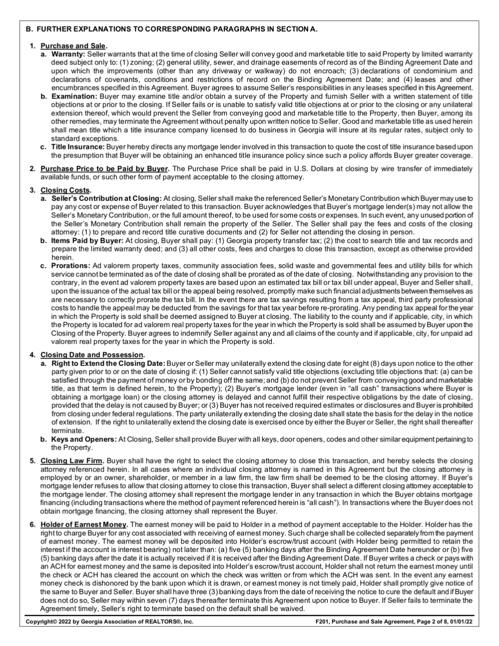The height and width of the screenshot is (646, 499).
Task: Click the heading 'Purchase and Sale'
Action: click(73, 46)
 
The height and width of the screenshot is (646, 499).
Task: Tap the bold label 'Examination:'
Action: click(74, 96)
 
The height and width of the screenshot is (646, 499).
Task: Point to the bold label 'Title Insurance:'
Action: click(78, 147)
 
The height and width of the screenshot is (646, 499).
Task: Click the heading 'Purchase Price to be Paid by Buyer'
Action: click(104, 169)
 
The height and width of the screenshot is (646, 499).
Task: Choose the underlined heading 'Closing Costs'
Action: click(65, 190)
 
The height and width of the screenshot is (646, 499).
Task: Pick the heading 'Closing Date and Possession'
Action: click(92, 355)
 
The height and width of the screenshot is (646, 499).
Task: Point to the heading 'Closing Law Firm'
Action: click(72, 461)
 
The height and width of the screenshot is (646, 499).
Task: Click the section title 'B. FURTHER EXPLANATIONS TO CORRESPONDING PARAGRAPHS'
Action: click(172, 29)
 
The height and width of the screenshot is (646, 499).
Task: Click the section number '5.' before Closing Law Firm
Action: click(33, 461)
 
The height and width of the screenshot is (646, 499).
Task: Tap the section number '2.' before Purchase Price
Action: click(33, 169)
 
